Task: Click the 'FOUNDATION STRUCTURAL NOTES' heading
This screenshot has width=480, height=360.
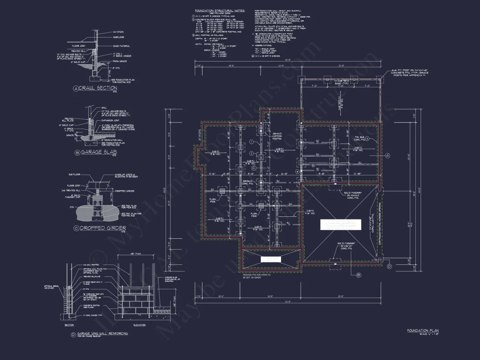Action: [x=219, y=10]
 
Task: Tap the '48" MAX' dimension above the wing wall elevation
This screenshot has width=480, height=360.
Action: [x=134, y=254]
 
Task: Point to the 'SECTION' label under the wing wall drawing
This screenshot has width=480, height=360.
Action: [x=69, y=325]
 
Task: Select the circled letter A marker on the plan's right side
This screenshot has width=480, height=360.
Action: [x=387, y=155]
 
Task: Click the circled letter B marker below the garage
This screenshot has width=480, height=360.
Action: [x=358, y=275]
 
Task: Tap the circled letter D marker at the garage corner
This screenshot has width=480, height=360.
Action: [x=389, y=265]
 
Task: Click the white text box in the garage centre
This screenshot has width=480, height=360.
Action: [x=340, y=224]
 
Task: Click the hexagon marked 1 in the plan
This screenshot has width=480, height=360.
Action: [x=252, y=142]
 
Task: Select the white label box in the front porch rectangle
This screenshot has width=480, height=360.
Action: [x=270, y=259]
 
